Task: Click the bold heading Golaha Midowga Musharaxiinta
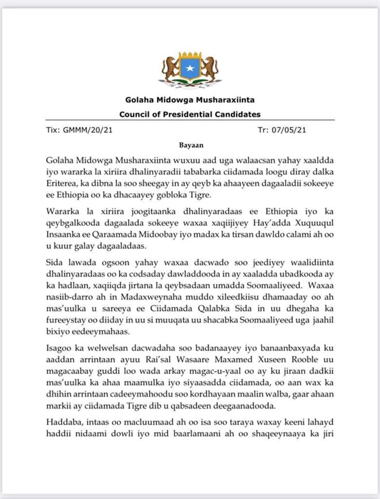(x=189, y=100)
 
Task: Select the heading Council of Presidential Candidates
(x=189, y=114)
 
